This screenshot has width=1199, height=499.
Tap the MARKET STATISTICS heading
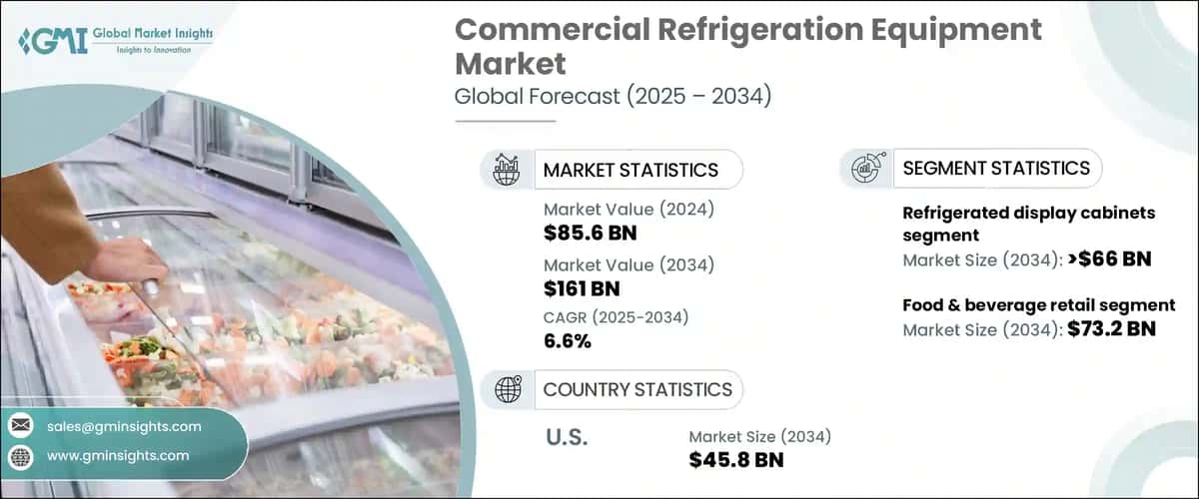coord(629,170)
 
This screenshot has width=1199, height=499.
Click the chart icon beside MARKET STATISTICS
coord(507,170)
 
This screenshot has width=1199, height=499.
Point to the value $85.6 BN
coord(590,234)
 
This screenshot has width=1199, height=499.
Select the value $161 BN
coord(582,288)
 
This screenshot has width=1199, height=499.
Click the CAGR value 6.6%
coord(568,341)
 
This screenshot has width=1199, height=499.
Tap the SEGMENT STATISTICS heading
coord(995,168)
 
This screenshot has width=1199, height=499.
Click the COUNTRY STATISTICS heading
coord(636,389)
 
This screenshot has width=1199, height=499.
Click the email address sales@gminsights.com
coord(124,426)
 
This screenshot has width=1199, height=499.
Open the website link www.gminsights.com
coord(118,455)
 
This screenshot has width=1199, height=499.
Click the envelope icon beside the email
coord(20,426)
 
